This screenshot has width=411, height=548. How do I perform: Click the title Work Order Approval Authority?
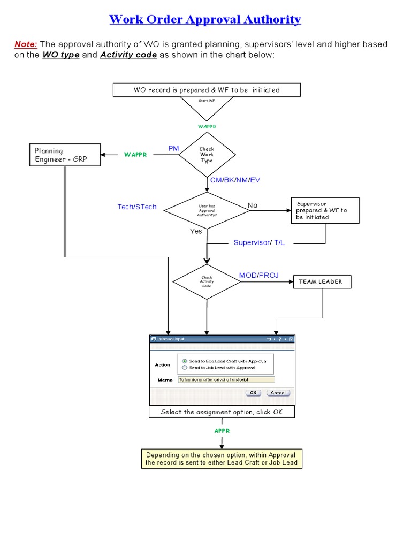tap(205, 20)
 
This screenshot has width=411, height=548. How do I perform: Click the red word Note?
tap(25, 44)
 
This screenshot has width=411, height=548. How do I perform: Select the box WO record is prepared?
tap(207, 90)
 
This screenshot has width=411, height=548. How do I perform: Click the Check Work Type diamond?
tap(207, 155)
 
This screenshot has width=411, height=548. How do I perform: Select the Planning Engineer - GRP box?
tap(64, 155)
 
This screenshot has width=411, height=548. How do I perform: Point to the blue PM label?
tap(173, 148)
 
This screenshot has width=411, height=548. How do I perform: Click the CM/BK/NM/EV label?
tap(235, 180)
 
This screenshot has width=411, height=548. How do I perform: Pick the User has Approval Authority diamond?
tap(207, 210)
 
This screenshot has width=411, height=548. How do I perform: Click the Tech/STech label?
tap(137, 207)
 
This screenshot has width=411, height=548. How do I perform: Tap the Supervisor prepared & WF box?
tap(325, 210)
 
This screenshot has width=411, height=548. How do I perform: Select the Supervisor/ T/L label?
tap(260, 242)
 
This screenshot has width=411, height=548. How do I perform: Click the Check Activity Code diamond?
tap(207, 281)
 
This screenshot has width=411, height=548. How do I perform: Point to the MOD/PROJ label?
tap(258, 275)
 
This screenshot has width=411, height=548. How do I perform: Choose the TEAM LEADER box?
tap(322, 281)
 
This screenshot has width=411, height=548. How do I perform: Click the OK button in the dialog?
tap(253, 392)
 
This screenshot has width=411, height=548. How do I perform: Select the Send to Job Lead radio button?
tap(185, 368)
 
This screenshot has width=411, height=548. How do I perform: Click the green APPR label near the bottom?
tap(222, 431)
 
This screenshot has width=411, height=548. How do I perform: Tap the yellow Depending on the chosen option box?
tap(222, 459)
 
